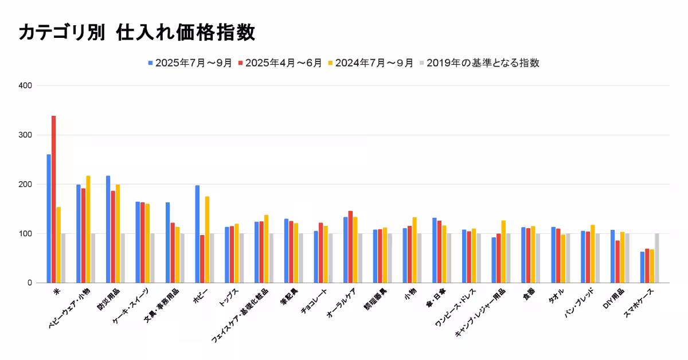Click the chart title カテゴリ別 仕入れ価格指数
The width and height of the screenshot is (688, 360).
point(136,33)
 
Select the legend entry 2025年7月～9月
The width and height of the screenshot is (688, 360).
point(190,63)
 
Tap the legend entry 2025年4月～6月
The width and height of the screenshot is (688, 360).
point(280,63)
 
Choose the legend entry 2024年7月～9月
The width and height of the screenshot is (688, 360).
point(370,63)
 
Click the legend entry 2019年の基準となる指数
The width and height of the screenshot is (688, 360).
point(479,63)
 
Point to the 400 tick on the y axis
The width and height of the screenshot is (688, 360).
point(25,86)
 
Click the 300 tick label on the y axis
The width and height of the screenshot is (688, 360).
point(25,135)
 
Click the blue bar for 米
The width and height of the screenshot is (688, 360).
point(49,218)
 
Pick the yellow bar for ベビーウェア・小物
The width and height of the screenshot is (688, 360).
point(88,229)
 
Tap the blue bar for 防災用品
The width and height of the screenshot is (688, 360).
point(108,229)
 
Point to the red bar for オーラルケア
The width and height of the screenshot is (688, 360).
point(350,247)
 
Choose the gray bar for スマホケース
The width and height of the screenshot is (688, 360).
point(657,258)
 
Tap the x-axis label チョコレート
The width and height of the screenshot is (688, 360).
point(316,301)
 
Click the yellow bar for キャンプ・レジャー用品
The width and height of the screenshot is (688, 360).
point(503,252)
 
